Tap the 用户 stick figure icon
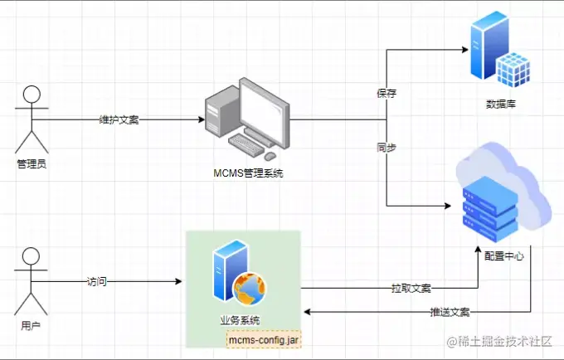coord(31,280)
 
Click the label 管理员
coord(31,163)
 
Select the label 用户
coord(31,326)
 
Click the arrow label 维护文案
coord(119,119)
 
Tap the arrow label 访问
coord(97,282)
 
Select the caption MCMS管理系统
coord(248,173)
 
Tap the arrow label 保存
coord(387,93)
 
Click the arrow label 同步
coord(387,148)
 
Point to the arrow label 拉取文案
coord(411,288)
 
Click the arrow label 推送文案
coord(450,313)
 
